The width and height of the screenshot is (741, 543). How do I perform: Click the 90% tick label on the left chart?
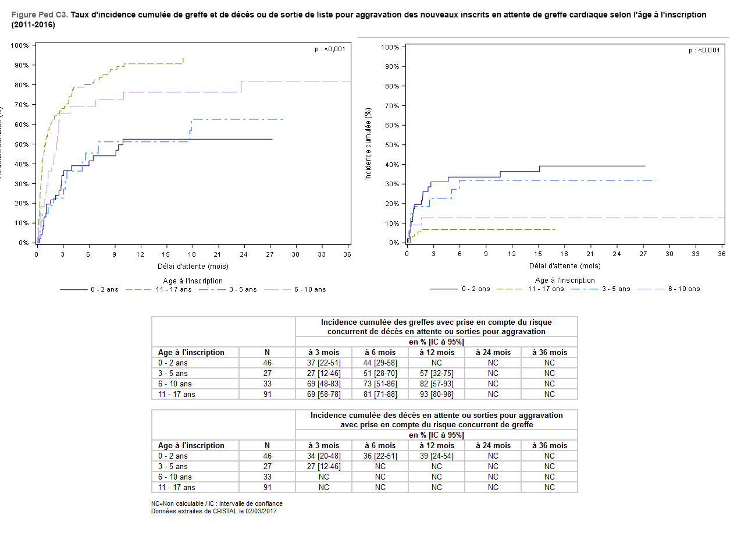(22, 65)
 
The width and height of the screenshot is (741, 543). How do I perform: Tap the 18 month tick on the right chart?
(564, 254)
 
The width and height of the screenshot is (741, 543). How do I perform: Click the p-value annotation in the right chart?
(704, 50)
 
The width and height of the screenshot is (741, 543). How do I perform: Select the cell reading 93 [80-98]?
(436, 394)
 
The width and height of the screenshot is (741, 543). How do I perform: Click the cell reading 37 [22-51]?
(323, 363)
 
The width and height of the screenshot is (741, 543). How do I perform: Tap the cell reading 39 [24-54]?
(436, 456)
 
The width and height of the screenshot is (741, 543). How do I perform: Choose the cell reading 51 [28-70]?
(380, 373)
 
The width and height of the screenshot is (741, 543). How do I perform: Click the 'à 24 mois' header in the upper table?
(493, 352)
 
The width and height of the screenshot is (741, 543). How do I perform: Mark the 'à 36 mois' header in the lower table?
(549, 445)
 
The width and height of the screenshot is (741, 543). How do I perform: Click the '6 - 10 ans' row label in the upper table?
(173, 384)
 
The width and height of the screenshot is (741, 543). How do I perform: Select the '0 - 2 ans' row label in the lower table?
(173, 456)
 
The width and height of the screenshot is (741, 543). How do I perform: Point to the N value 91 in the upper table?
(267, 394)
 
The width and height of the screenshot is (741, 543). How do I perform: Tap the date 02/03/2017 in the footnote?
(260, 511)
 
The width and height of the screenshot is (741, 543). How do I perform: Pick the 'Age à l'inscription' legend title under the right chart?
(565, 280)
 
